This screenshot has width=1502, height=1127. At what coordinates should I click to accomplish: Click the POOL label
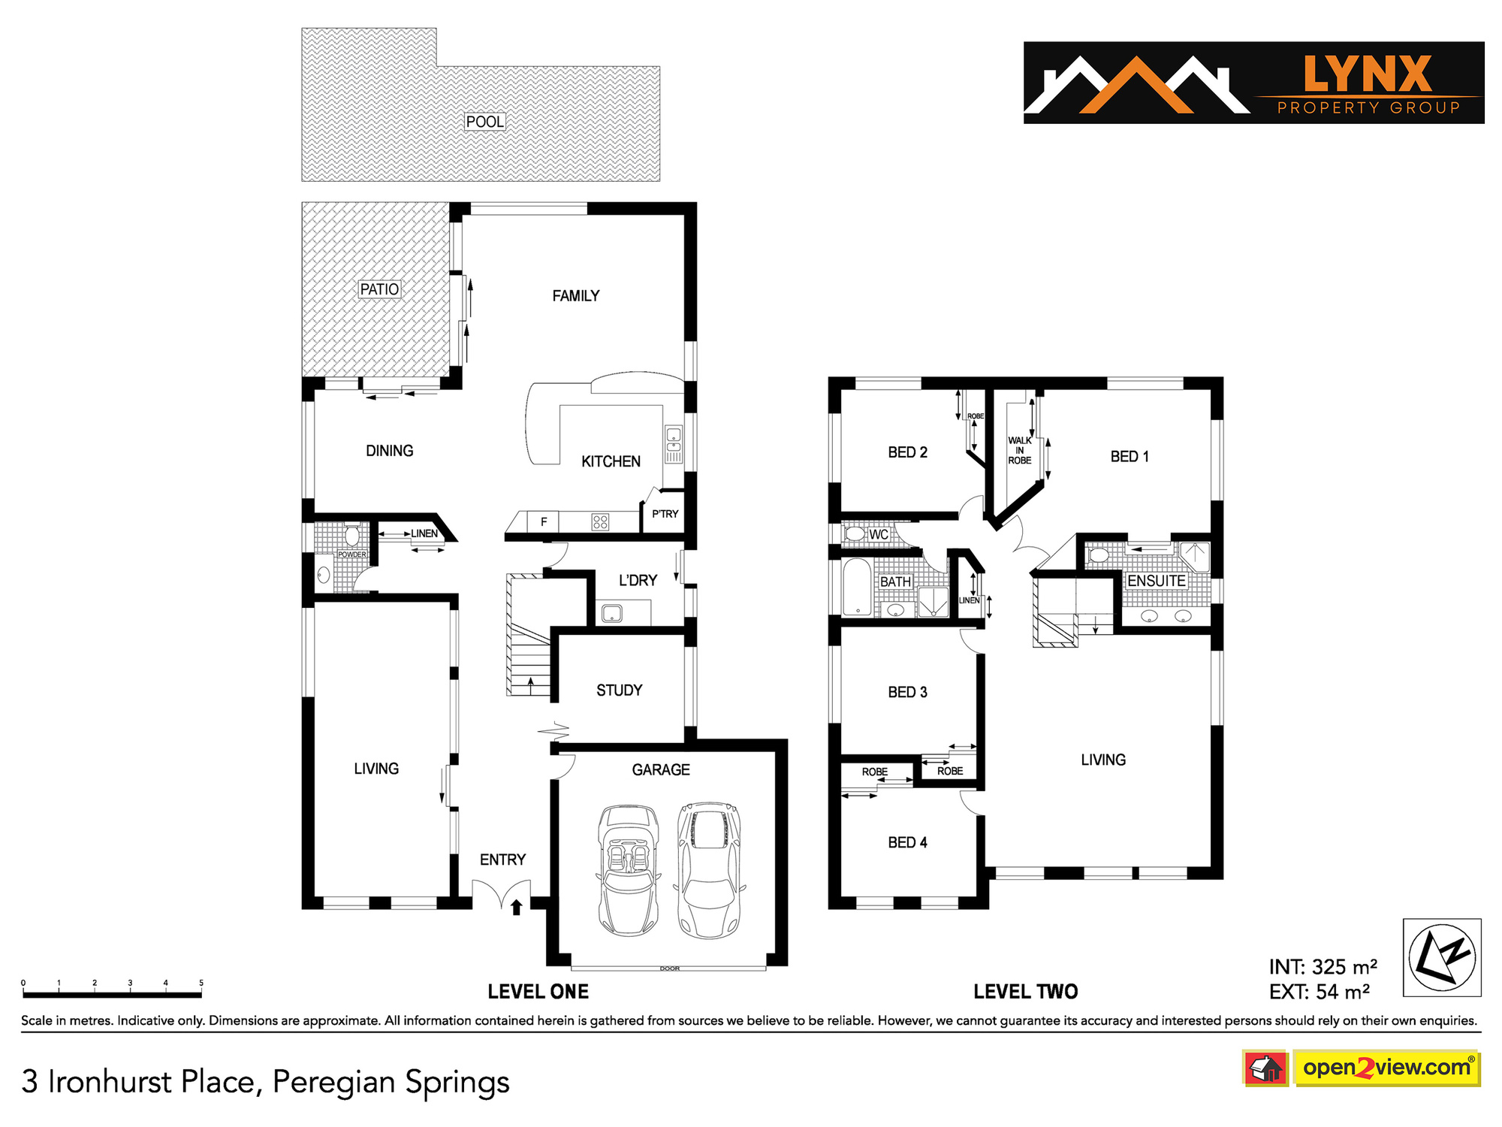(x=485, y=122)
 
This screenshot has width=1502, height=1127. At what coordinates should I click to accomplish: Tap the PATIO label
(x=379, y=289)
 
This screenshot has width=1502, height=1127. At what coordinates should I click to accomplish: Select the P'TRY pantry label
(x=665, y=514)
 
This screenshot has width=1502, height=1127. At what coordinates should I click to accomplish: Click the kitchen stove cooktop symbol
(x=600, y=521)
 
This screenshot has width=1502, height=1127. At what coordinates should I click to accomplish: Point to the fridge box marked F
(x=544, y=521)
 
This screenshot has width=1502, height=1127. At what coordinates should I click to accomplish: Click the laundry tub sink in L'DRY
(x=612, y=613)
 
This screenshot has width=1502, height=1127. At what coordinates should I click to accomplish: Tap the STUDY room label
(x=620, y=690)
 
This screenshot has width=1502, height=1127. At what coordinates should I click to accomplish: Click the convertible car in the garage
(x=628, y=870)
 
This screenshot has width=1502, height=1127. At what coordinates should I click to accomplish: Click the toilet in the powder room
(x=351, y=536)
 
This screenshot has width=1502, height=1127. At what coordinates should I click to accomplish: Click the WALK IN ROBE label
(x=1020, y=451)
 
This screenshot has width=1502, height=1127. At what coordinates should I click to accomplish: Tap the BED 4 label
(x=907, y=843)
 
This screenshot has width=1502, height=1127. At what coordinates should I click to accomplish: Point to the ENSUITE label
(x=1157, y=581)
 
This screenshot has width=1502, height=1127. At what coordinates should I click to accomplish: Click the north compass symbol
(x=1442, y=958)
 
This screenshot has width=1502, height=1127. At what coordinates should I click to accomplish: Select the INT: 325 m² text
(x=1323, y=967)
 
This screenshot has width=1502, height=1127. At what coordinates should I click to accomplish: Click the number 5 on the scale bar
(x=201, y=983)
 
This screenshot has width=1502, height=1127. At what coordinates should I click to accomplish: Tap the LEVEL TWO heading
(x=1026, y=992)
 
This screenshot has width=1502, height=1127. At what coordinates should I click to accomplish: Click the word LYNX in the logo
(x=1368, y=74)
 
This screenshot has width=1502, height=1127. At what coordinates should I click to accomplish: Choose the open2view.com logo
(x=1386, y=1068)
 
